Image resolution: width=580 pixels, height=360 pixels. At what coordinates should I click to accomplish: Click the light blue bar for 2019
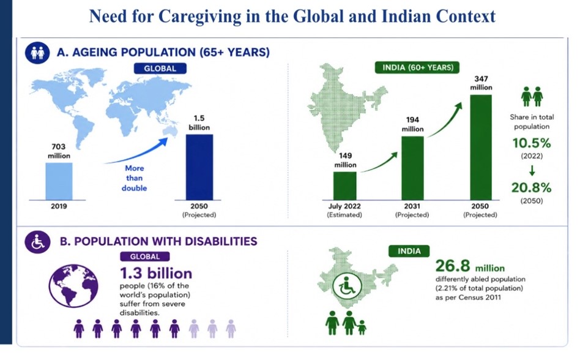59,181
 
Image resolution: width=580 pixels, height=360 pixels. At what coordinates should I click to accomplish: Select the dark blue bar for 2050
199,167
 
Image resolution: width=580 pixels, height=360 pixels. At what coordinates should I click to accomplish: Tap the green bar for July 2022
344,186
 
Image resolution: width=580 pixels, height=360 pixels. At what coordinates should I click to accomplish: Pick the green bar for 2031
412,168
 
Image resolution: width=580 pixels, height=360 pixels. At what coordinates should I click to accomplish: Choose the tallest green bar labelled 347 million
481,148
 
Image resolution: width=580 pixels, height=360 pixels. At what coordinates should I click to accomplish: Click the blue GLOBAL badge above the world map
160,69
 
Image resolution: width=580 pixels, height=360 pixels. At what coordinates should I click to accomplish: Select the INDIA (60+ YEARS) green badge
417,67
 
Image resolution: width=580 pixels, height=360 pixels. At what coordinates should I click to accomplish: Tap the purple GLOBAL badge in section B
145,257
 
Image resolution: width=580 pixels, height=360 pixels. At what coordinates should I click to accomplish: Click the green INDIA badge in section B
409,251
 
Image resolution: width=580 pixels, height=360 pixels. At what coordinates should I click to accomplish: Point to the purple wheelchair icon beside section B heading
37,242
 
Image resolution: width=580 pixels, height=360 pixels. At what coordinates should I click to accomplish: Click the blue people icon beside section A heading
37,53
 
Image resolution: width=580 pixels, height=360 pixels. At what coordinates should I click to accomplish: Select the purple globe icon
73,286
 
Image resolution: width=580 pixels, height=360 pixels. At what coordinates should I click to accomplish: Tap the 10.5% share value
532,143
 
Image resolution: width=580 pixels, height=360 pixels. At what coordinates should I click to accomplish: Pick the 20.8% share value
532,187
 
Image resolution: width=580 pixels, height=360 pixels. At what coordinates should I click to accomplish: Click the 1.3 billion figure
156,274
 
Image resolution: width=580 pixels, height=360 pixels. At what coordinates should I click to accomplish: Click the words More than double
134,178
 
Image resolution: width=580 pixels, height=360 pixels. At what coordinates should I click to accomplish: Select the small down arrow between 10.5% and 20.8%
532,171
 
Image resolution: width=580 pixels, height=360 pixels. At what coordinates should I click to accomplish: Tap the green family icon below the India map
346,323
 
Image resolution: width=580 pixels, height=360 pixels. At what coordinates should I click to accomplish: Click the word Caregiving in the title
199,17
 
